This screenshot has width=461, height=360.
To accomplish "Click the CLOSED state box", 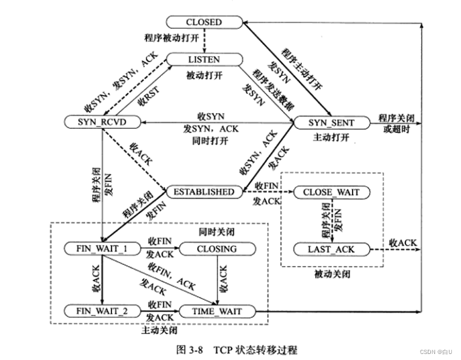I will tap(204, 22).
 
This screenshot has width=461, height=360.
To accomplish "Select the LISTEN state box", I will tap(204, 60).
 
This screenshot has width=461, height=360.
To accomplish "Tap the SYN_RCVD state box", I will tap(101, 123).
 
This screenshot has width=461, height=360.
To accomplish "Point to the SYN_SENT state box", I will tap(331, 123).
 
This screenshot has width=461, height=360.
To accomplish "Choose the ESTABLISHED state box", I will tap(204, 192).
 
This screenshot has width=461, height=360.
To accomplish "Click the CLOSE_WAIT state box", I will tap(331, 193).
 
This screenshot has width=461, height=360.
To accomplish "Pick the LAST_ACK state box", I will tap(331, 249).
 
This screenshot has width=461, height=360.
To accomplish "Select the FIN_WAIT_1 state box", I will tap(101, 249).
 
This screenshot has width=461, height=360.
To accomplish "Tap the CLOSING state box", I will tap(216, 249).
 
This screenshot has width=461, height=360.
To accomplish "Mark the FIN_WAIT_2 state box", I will tap(101, 311).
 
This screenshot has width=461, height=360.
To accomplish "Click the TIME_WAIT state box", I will tap(216, 311).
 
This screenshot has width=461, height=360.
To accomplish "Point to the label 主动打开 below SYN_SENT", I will tap(330, 137).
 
